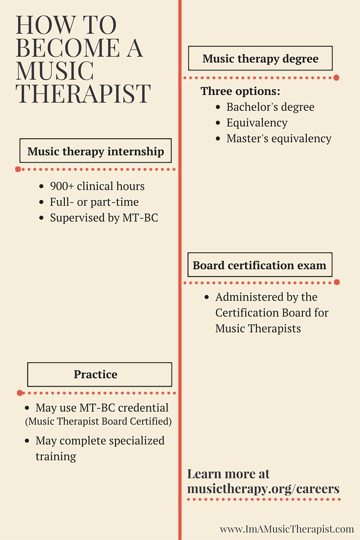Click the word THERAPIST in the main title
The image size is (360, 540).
point(83,94)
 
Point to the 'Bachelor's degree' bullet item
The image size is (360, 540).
point(270,107)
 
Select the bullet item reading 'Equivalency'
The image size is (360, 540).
point(257,123)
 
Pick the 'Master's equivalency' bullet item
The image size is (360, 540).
point(279,139)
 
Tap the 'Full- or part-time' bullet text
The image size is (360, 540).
point(94,202)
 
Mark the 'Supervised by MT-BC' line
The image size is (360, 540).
point(104,218)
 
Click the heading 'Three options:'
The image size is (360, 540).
point(240,91)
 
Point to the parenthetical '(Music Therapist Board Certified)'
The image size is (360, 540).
point(99,421)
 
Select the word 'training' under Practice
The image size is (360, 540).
point(56,457)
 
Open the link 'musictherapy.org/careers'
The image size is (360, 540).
point(263,489)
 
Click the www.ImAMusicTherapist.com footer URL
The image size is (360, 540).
point(287,529)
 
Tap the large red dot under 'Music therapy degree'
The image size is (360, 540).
point(336,77)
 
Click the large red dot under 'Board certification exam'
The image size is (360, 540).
point(337,282)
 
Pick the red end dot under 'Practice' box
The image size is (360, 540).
point(20,393)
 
